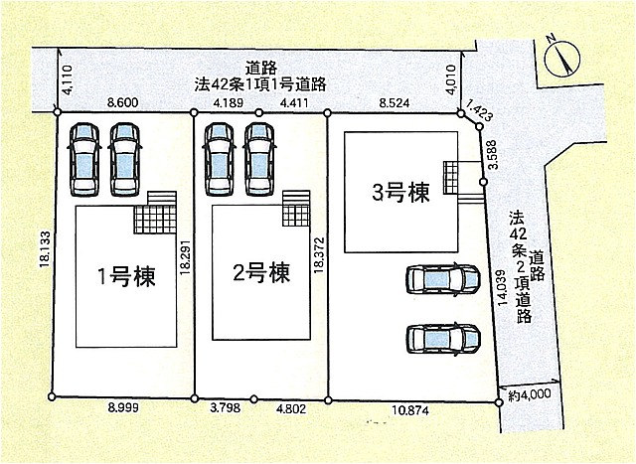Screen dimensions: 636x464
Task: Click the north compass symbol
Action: (x=561, y=58)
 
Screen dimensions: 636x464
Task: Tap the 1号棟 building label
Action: (x=126, y=277)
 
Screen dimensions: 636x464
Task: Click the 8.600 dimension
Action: (x=122, y=102)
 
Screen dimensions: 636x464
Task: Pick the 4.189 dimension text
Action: (x=228, y=102)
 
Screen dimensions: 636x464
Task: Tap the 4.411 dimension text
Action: (x=294, y=102)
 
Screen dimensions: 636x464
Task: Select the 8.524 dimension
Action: (x=395, y=103)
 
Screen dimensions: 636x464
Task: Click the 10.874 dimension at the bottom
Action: (x=410, y=411)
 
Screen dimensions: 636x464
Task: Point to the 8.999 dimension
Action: (x=122, y=407)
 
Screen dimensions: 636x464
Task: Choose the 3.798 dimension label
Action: (x=225, y=407)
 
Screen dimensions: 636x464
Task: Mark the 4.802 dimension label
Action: (x=291, y=409)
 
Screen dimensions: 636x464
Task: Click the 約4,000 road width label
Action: (x=530, y=394)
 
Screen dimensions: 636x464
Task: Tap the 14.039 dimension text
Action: (x=502, y=287)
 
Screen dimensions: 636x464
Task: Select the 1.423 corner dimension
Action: (x=479, y=110)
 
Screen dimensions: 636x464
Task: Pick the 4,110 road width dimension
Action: (x=68, y=79)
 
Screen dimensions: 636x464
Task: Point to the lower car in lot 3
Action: (x=443, y=339)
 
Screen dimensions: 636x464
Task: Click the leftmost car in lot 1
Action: (x=84, y=160)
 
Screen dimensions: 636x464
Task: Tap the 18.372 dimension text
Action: (x=318, y=254)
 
